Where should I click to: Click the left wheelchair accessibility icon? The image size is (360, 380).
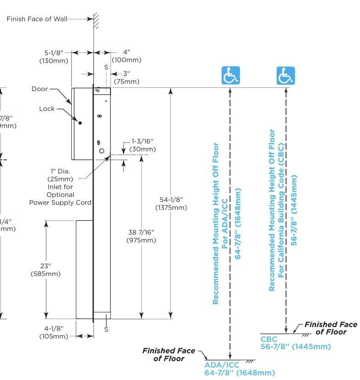pos(231,75)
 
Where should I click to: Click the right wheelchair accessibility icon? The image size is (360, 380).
pos(285,75)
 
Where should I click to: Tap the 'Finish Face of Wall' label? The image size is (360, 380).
pos(37,19)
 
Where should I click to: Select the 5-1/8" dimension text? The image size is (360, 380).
pos(53,53)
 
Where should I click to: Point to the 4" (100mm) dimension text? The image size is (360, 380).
pos(126,56)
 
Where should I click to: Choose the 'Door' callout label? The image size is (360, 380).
pos(40,89)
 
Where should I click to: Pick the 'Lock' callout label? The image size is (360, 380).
pos(46,109)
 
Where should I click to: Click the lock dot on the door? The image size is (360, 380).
pos(80,123)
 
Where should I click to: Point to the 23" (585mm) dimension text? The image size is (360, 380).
pos(46,270)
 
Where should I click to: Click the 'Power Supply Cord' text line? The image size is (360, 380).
pos(60,202)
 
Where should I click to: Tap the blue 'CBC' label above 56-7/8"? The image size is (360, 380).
pos(269,340)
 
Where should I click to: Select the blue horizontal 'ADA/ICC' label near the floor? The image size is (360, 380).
pos(222,365)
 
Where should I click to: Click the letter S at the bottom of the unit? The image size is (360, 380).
pos(106,329)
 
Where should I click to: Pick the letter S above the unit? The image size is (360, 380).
pos(106,67)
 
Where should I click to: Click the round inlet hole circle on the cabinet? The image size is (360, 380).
pos(102,151)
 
